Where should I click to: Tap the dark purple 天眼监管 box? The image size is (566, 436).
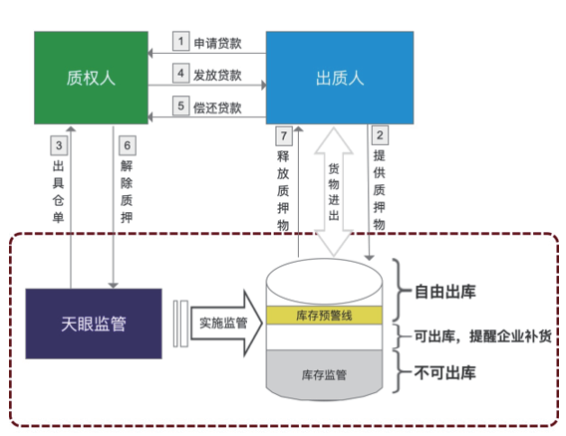click(x=93, y=324)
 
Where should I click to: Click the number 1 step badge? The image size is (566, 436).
click(x=180, y=41)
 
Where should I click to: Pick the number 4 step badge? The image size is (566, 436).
click(x=180, y=74)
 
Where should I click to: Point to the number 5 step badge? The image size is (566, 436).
click(x=180, y=106)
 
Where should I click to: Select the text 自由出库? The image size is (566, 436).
click(x=444, y=293)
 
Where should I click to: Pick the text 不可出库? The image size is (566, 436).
click(x=444, y=373)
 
